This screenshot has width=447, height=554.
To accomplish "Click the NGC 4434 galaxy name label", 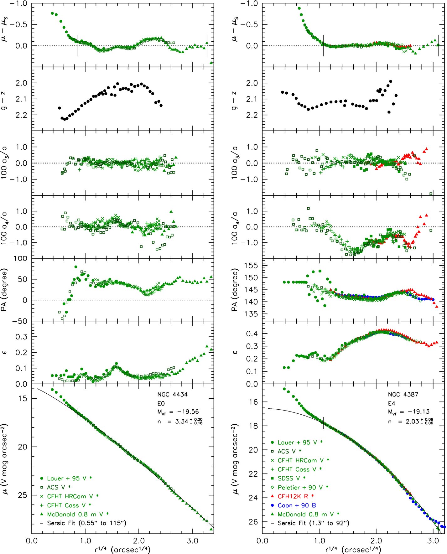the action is click(172, 394).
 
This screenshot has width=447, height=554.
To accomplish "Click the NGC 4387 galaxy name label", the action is click(403, 394).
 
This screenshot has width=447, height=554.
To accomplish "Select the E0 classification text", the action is click(161, 403).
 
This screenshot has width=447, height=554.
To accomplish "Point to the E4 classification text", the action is click(392, 403).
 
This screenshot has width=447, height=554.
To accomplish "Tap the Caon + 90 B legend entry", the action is click(294, 505).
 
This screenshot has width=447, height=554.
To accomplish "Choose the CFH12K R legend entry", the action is click(292, 496).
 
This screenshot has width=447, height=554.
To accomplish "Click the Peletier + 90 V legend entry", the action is click(299, 487).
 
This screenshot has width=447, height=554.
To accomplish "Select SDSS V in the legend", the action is click(288, 478).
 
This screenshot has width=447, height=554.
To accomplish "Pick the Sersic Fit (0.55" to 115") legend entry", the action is click(83, 523).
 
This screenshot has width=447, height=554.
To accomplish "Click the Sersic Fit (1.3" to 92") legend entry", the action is click(310, 523).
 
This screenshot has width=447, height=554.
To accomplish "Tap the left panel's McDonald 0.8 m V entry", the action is click(74, 514).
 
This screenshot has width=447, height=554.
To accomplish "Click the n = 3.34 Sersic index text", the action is click(180, 421).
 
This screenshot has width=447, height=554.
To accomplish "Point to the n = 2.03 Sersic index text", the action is click(411, 421).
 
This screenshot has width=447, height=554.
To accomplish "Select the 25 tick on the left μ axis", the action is click(23, 495).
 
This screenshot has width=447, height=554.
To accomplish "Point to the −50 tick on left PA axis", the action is click(20, 321).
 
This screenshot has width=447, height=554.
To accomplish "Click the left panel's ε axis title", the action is click(5, 352).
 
